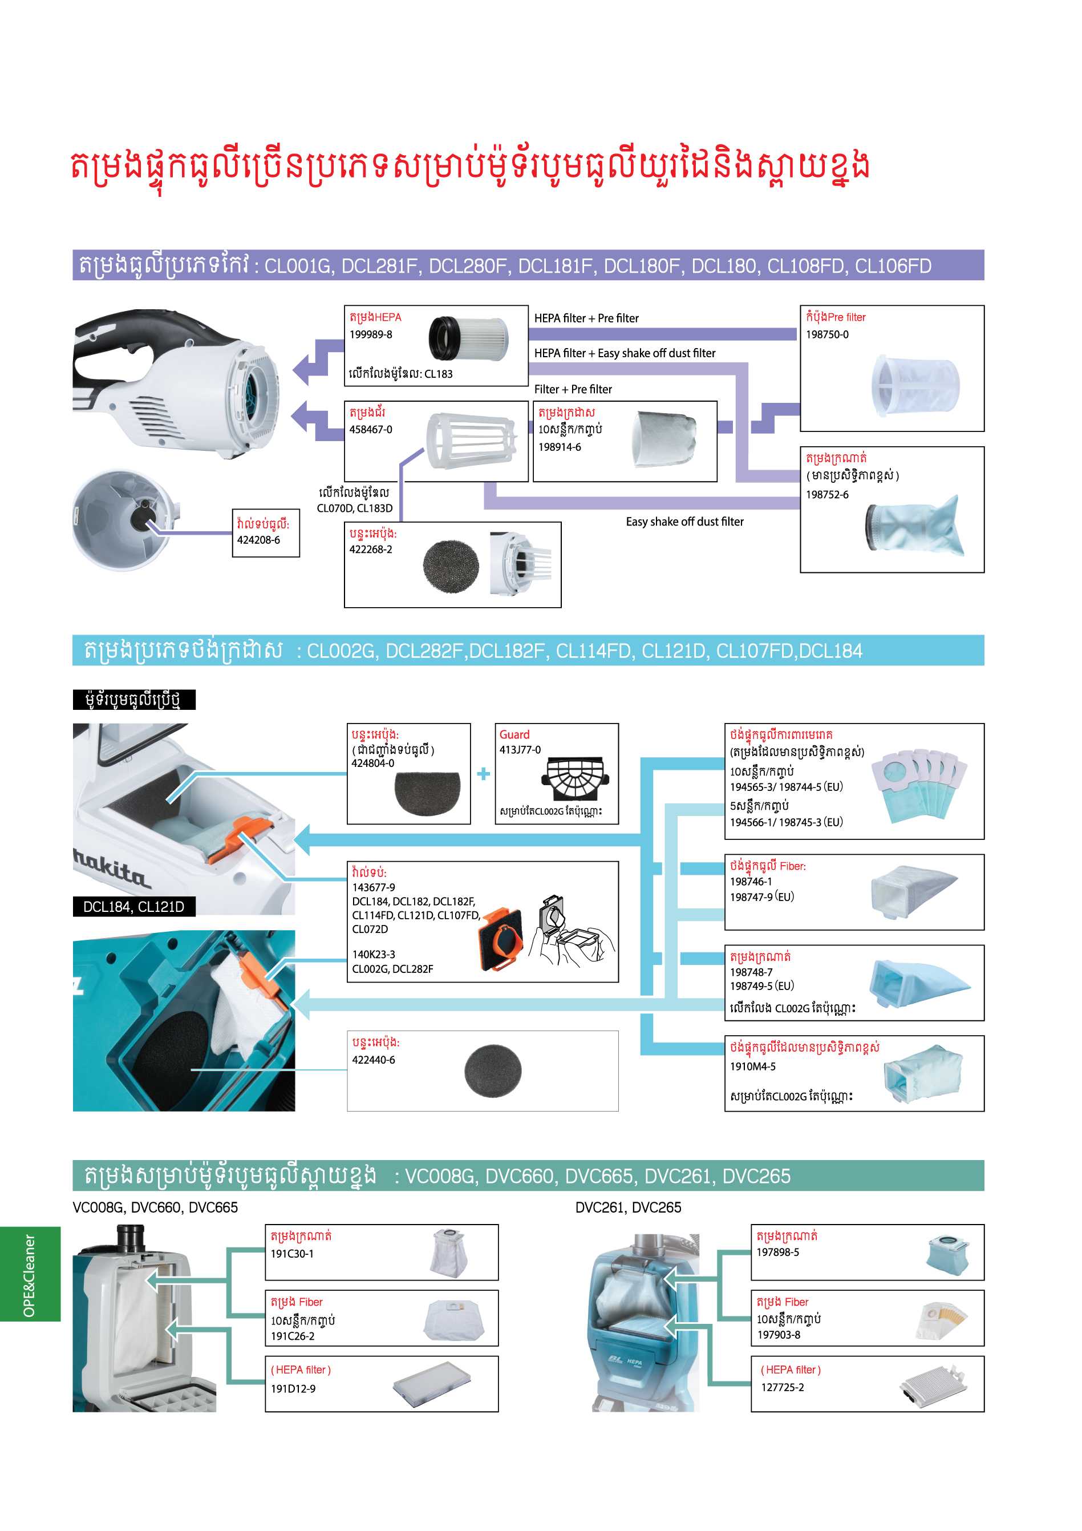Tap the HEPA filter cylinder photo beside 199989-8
(x=468, y=339)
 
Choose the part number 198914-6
(x=560, y=447)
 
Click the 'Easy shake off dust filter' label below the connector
(x=684, y=522)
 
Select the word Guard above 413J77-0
(x=514, y=734)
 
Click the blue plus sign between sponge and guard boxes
(x=483, y=774)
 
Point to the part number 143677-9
(x=374, y=887)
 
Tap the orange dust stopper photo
(x=501, y=939)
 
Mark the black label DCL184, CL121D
(x=133, y=906)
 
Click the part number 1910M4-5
(x=753, y=1067)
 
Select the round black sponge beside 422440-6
(x=493, y=1071)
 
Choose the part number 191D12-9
(x=293, y=1388)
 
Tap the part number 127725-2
(x=782, y=1387)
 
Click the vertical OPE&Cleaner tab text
(x=29, y=1275)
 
